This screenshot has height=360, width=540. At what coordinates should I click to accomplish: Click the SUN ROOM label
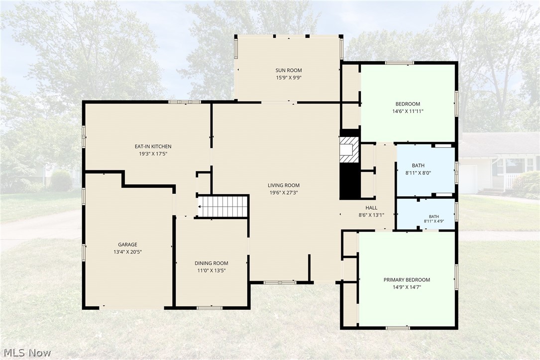point(288,70)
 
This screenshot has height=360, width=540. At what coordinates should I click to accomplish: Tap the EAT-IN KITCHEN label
point(153,146)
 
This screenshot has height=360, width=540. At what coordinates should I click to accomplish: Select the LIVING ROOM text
point(283,185)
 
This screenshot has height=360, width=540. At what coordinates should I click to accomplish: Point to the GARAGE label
point(127,244)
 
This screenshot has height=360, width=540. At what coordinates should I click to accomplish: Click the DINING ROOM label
point(211,263)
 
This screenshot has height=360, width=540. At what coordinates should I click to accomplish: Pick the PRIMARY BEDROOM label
point(407,280)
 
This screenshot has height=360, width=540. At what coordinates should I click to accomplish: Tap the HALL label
point(371,208)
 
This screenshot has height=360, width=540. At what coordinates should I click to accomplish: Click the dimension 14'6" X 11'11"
point(408,111)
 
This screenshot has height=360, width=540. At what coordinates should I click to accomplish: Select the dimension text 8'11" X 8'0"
point(418,173)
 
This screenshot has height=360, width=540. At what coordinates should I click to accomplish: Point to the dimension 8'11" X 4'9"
point(433,222)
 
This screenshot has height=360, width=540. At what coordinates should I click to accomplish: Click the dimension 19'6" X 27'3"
point(283,193)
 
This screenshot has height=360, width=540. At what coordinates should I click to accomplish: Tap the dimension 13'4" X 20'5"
point(127,252)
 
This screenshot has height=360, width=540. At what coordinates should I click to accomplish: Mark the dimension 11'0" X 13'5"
point(211,271)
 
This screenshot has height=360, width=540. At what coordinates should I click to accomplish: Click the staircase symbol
point(223,207)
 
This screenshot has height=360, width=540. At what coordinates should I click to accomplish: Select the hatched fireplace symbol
point(349,149)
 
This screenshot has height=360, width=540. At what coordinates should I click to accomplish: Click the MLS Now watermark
point(27,353)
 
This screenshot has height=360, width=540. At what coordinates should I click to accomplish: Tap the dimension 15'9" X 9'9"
point(288,78)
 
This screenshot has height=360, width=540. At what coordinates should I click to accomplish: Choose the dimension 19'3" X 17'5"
point(153,154)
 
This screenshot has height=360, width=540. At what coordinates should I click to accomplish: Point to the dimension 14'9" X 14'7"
point(407,287)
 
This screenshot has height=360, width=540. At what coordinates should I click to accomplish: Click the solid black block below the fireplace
point(349,181)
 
